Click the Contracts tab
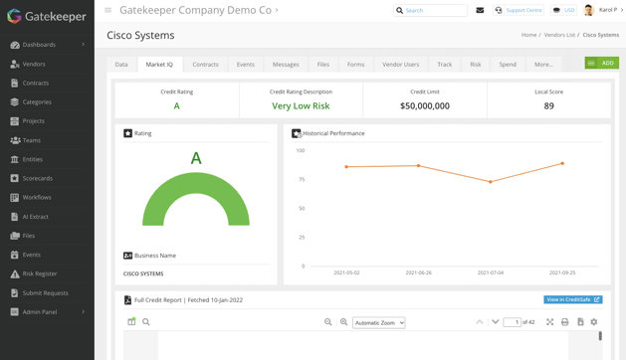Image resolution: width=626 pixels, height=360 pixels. pyautogui.click(x=205, y=65)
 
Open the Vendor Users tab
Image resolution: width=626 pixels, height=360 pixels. pyautogui.click(x=400, y=65)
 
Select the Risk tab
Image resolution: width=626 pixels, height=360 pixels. pyautogui.click(x=475, y=65)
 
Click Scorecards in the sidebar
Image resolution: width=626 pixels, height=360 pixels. pyautogui.click(x=37, y=178)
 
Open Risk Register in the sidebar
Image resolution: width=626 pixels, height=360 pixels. pyautogui.click(x=40, y=273)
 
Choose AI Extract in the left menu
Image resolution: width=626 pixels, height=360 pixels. pyautogui.click(x=35, y=217)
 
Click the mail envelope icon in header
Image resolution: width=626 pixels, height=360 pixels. pyautogui.click(x=480, y=11)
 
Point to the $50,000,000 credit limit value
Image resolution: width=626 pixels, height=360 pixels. pyautogui.click(x=425, y=105)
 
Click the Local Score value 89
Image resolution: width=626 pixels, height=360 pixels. pyautogui.click(x=548, y=105)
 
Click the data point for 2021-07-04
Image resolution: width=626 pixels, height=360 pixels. pyautogui.click(x=491, y=182)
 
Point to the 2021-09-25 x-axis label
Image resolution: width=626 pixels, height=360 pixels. pyautogui.click(x=562, y=272)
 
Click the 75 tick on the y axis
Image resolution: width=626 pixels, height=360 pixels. pyautogui.click(x=300, y=180)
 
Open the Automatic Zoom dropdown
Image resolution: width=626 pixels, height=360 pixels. pyautogui.click(x=379, y=322)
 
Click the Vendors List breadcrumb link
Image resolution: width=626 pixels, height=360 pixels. pyautogui.click(x=559, y=35)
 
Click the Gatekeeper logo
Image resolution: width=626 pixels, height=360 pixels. pyautogui.click(x=47, y=17)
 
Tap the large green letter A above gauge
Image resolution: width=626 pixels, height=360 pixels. pyautogui.click(x=196, y=158)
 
